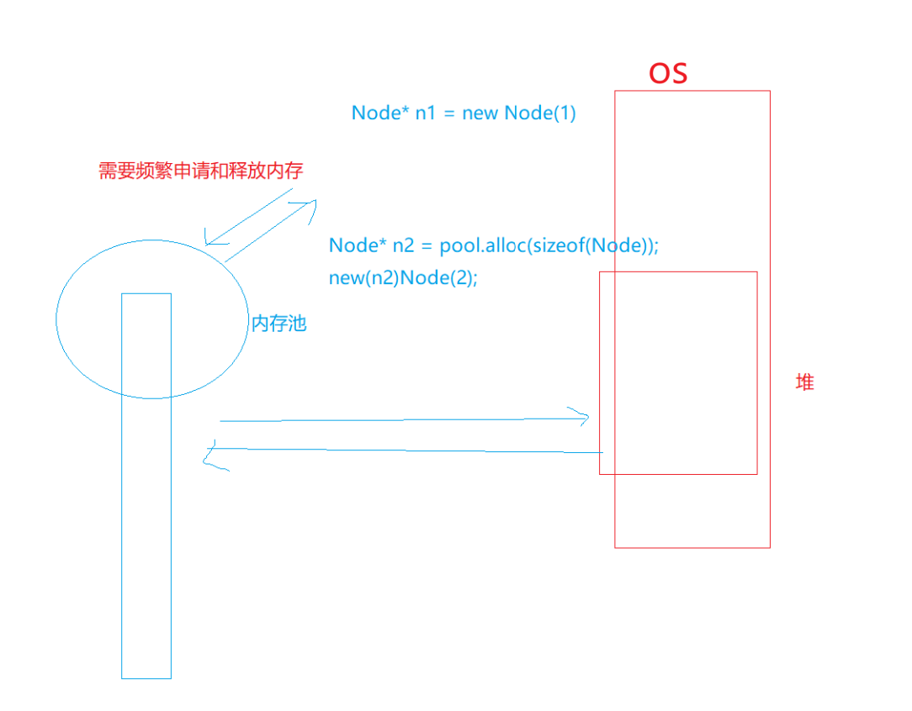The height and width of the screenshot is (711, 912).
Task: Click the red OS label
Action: click(x=668, y=73)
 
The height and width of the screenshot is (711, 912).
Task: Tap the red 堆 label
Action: click(x=805, y=382)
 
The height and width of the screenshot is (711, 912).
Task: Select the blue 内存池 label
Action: click(x=278, y=324)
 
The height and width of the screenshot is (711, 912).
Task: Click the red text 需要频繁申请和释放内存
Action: click(x=200, y=171)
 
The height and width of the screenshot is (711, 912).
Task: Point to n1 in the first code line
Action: click(x=426, y=113)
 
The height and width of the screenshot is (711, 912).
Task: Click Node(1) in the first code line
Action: click(x=540, y=113)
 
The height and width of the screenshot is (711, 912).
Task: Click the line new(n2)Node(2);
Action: click(x=403, y=278)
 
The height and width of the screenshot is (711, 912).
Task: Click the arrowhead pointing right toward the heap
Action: click(x=586, y=417)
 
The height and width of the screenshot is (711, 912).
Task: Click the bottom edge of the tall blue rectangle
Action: click(x=146, y=677)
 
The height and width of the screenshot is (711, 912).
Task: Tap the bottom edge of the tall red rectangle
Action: click(x=692, y=547)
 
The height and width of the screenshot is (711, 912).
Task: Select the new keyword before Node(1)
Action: click(x=480, y=113)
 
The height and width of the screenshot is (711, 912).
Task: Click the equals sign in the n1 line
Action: click(x=448, y=113)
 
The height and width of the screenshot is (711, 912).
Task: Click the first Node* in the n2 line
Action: click(x=356, y=245)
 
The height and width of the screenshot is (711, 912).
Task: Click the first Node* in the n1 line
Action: click(x=379, y=113)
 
